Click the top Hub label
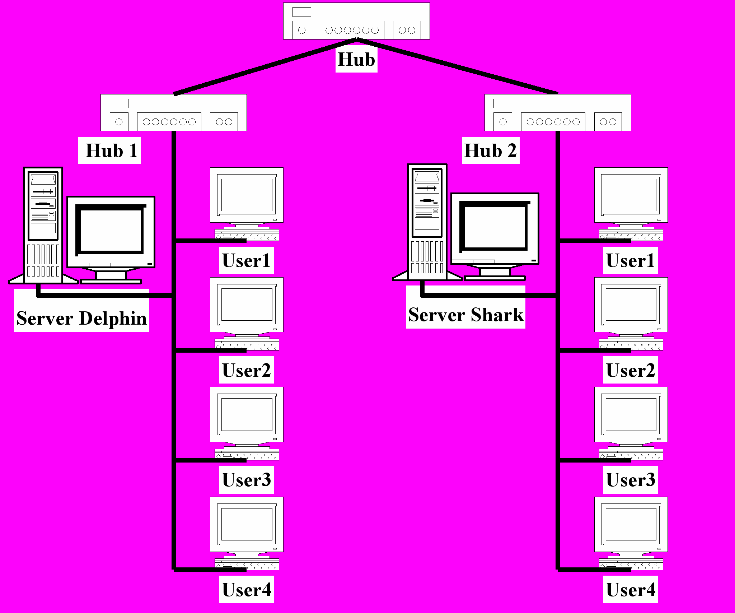(x=356, y=60)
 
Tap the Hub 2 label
(x=491, y=150)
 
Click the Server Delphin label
(x=81, y=319)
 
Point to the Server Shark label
(x=466, y=315)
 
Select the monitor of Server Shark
(x=495, y=237)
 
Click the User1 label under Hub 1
(x=247, y=260)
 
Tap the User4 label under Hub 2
(x=631, y=590)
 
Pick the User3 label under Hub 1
(x=247, y=480)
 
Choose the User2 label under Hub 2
(x=631, y=370)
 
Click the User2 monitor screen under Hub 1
(x=247, y=305)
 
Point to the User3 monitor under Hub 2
(x=631, y=417)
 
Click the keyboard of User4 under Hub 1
(x=247, y=564)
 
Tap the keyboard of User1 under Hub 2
(x=631, y=235)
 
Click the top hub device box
(x=356, y=21)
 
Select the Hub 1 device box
(x=174, y=112)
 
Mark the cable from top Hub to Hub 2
(x=458, y=66)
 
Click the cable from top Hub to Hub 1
(x=265, y=66)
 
